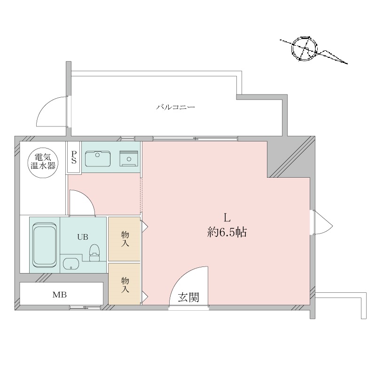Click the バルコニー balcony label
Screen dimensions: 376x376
point(175,107)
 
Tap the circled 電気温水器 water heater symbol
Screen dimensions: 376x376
point(43,163)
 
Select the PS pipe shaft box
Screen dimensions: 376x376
point(74,157)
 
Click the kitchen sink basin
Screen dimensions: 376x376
point(98,158)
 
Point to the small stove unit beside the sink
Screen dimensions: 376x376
point(129,158)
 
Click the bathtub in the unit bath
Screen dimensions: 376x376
point(45,245)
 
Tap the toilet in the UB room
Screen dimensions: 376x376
point(94,253)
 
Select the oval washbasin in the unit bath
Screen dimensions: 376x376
point(71,265)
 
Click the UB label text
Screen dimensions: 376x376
point(83,237)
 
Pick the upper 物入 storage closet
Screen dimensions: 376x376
point(124,239)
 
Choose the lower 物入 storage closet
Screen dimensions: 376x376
point(124,284)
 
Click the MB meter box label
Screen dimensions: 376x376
point(60,295)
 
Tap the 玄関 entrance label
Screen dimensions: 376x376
point(188,298)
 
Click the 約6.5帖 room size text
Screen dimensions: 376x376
point(227,232)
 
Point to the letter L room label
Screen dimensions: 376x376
point(227,218)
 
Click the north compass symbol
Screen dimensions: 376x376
point(305,49)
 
